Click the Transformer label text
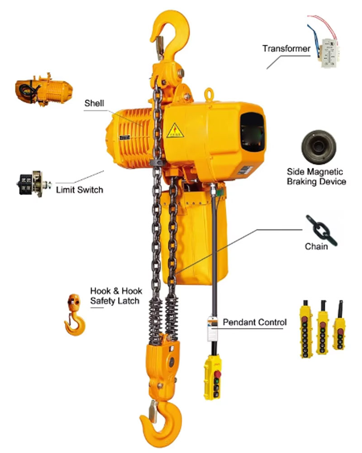(x=286, y=48)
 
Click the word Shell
(x=94, y=103)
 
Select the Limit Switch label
(x=80, y=190)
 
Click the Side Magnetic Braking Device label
(x=316, y=176)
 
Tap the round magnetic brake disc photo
(x=319, y=147)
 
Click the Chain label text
(x=316, y=247)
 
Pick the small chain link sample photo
(x=322, y=230)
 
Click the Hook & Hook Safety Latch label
(x=116, y=296)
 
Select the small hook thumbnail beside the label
(x=75, y=315)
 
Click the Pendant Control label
(x=254, y=322)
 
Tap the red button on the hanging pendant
(x=217, y=375)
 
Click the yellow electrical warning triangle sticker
(x=175, y=131)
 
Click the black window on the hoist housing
(x=252, y=132)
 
